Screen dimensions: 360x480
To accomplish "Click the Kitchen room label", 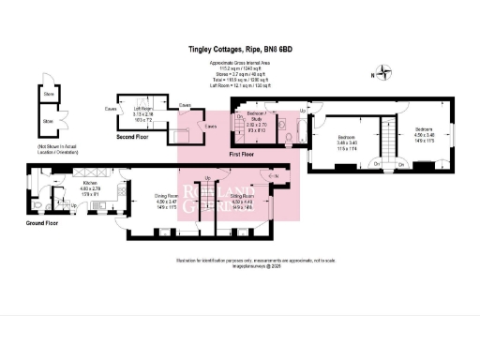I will pos(91,187).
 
